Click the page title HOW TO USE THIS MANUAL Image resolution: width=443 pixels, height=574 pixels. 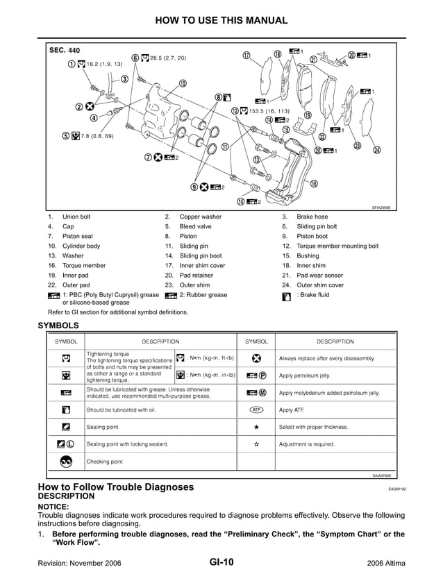[x=221, y=20]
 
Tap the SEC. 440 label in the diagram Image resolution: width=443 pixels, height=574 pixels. [x=65, y=51]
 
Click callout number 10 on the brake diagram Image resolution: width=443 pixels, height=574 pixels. [x=182, y=83]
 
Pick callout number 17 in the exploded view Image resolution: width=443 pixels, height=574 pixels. [x=246, y=56]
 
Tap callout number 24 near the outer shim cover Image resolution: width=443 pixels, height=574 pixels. [x=376, y=150]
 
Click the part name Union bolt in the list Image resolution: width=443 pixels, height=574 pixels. [x=76, y=217]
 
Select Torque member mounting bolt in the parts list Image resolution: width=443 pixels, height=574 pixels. [x=337, y=246]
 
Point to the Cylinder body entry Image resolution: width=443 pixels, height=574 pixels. [x=81, y=246]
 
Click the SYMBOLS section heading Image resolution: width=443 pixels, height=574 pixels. [x=58, y=325]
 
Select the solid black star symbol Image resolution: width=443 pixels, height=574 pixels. [x=256, y=427]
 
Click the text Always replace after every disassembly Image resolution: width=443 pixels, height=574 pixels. [x=326, y=359]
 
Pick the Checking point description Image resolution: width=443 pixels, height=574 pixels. [x=105, y=462]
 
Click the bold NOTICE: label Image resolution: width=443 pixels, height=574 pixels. [x=53, y=507]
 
